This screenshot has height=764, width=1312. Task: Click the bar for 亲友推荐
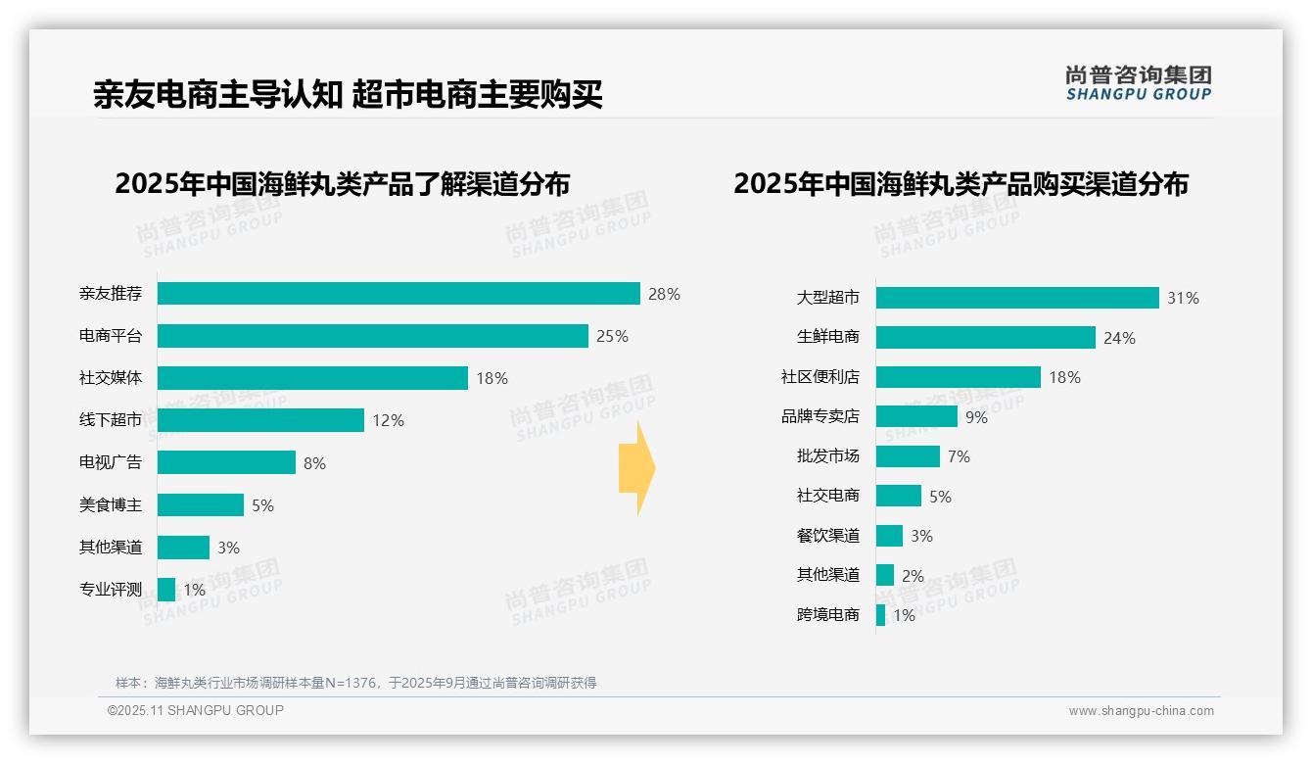coord(398,294)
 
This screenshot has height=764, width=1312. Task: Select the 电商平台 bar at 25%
coord(372,336)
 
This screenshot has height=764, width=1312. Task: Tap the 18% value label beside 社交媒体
coord(492,378)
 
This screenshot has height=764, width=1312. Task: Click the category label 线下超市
coord(111,420)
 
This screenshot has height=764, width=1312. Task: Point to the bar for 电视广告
coord(226,462)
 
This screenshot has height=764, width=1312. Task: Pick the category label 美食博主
coord(111,505)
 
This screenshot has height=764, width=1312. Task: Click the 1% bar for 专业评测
coord(166,590)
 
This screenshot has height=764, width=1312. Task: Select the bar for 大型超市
coord(1017,298)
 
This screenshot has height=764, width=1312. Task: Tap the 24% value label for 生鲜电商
coord(1119,338)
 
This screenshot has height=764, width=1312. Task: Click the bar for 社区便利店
coord(958,377)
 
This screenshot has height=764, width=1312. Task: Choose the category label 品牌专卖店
coord(820,416)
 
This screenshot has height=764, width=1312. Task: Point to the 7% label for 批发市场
coord(959,456)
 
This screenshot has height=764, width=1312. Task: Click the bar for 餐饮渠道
coord(889,536)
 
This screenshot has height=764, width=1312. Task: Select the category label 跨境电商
coord(828,615)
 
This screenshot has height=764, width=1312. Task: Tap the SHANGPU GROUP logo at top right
coord(1138,83)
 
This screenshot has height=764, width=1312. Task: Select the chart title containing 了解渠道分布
coord(342,184)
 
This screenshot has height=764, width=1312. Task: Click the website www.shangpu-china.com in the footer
coord(1141,711)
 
